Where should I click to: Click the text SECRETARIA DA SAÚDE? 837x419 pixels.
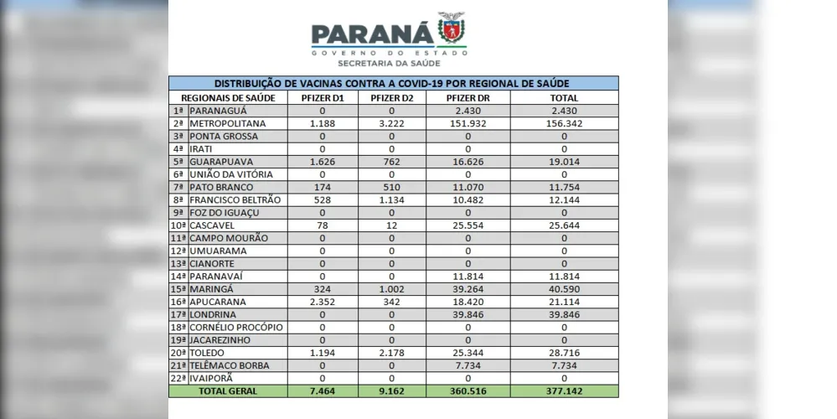click(388, 63)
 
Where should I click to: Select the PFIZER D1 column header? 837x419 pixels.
click(322, 97)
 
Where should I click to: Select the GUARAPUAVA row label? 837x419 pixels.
click(222, 161)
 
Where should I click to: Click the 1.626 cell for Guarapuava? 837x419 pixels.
click(322, 161)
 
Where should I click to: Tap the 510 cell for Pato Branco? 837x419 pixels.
click(391, 187)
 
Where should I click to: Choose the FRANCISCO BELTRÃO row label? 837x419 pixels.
click(235, 199)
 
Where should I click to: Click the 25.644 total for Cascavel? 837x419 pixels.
click(565, 225)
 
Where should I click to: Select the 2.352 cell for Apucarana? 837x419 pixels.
click(322, 302)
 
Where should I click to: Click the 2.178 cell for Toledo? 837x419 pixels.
click(391, 353)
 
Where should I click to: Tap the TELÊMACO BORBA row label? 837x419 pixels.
click(232, 365)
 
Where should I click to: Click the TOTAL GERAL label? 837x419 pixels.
click(228, 391)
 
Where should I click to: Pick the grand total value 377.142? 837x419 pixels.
click(565, 391)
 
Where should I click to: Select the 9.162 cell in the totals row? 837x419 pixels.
click(391, 391)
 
